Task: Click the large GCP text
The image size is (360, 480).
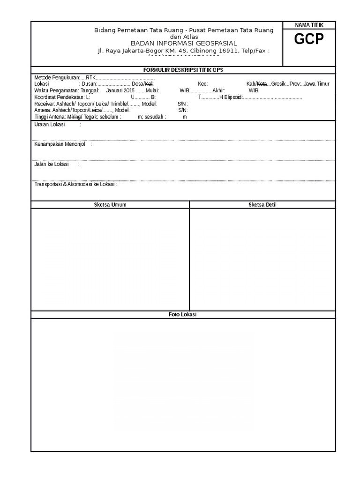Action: point(309,40)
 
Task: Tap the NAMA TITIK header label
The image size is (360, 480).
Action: point(309,25)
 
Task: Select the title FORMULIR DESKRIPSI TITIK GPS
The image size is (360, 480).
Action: point(183,70)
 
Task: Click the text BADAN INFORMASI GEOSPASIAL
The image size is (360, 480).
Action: point(184,43)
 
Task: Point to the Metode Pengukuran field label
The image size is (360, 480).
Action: point(57,77)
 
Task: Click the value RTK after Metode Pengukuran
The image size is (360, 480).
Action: point(90,77)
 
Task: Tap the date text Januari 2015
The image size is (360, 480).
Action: point(120,90)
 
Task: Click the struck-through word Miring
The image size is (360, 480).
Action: point(74,117)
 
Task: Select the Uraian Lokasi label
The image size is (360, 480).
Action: point(50,125)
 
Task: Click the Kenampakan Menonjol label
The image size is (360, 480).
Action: point(60,144)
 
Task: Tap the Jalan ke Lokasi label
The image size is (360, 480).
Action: point(52,165)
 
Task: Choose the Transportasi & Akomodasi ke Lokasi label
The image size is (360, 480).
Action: point(75,184)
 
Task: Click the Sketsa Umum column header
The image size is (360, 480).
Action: point(110,205)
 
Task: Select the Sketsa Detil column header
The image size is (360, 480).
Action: point(262,205)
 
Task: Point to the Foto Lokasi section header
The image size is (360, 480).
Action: point(183,315)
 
